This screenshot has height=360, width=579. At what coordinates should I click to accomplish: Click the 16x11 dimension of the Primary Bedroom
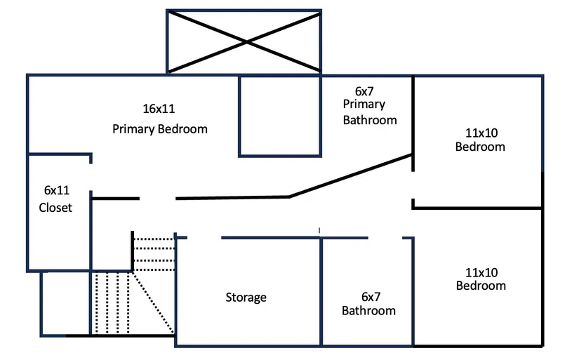(159, 109)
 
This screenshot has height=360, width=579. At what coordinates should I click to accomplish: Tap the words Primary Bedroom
(160, 129)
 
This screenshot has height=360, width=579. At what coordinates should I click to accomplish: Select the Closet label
(55, 208)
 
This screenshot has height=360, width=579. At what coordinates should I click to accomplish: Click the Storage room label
(246, 298)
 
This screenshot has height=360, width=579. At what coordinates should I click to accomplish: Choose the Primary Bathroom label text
(369, 112)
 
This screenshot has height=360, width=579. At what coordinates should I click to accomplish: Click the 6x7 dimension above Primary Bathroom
(366, 91)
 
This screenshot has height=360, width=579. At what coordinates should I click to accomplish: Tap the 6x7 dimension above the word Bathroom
(370, 297)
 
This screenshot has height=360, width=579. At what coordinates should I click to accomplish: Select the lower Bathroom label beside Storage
(368, 310)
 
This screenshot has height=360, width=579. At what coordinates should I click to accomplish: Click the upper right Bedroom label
(480, 147)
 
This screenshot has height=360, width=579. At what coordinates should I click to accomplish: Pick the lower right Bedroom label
(481, 286)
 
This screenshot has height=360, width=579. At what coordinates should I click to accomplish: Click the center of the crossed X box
(244, 41)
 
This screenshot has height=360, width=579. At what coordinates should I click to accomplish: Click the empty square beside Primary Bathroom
(280, 115)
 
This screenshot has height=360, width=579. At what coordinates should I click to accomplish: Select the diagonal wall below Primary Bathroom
(351, 176)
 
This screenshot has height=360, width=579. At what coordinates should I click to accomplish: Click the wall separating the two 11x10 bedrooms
(477, 208)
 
